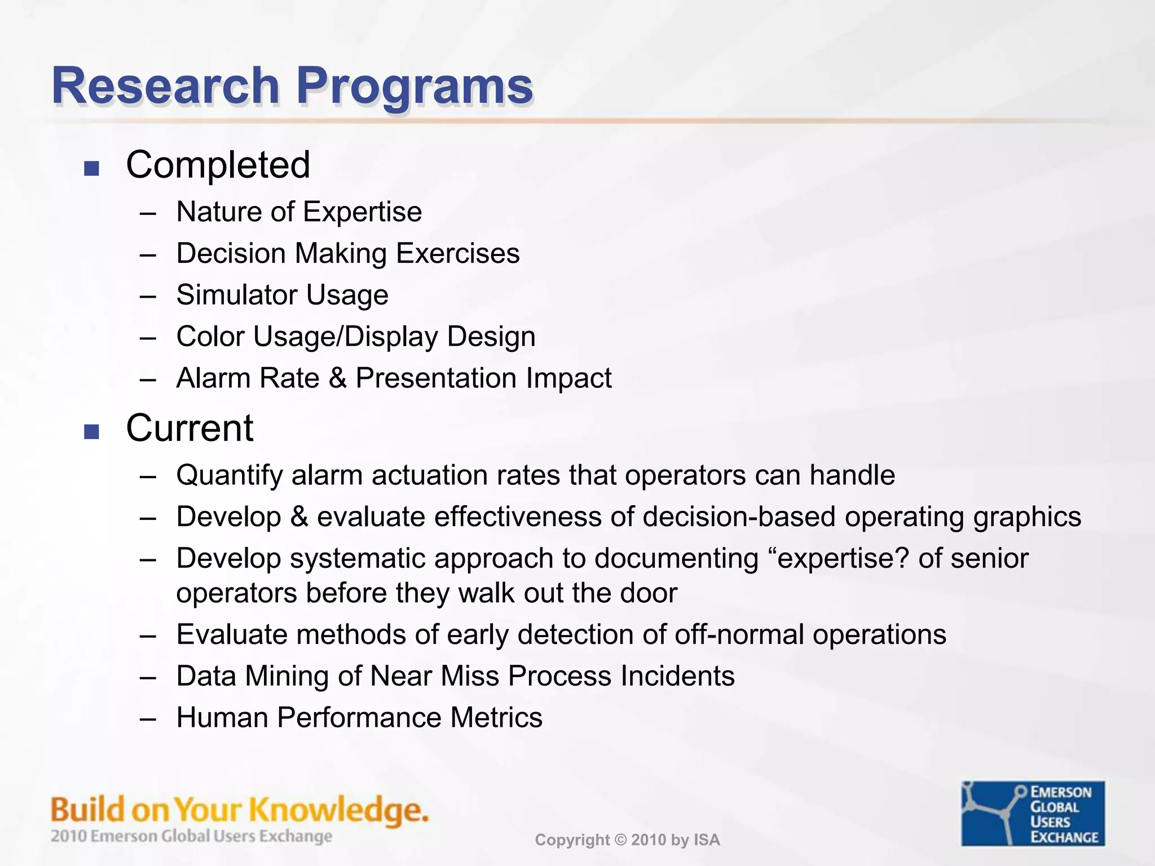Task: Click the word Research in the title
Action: tap(165, 86)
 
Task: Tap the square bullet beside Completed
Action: tap(91, 168)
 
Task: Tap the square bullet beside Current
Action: tap(91, 432)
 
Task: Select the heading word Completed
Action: tap(218, 165)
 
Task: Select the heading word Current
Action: tap(189, 428)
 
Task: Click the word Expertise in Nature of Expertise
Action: tap(362, 213)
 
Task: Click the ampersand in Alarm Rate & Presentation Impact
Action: tap(337, 378)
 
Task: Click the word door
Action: tap(649, 593)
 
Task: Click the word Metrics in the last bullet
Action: tap(496, 718)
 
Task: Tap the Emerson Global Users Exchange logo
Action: tap(1033, 813)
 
